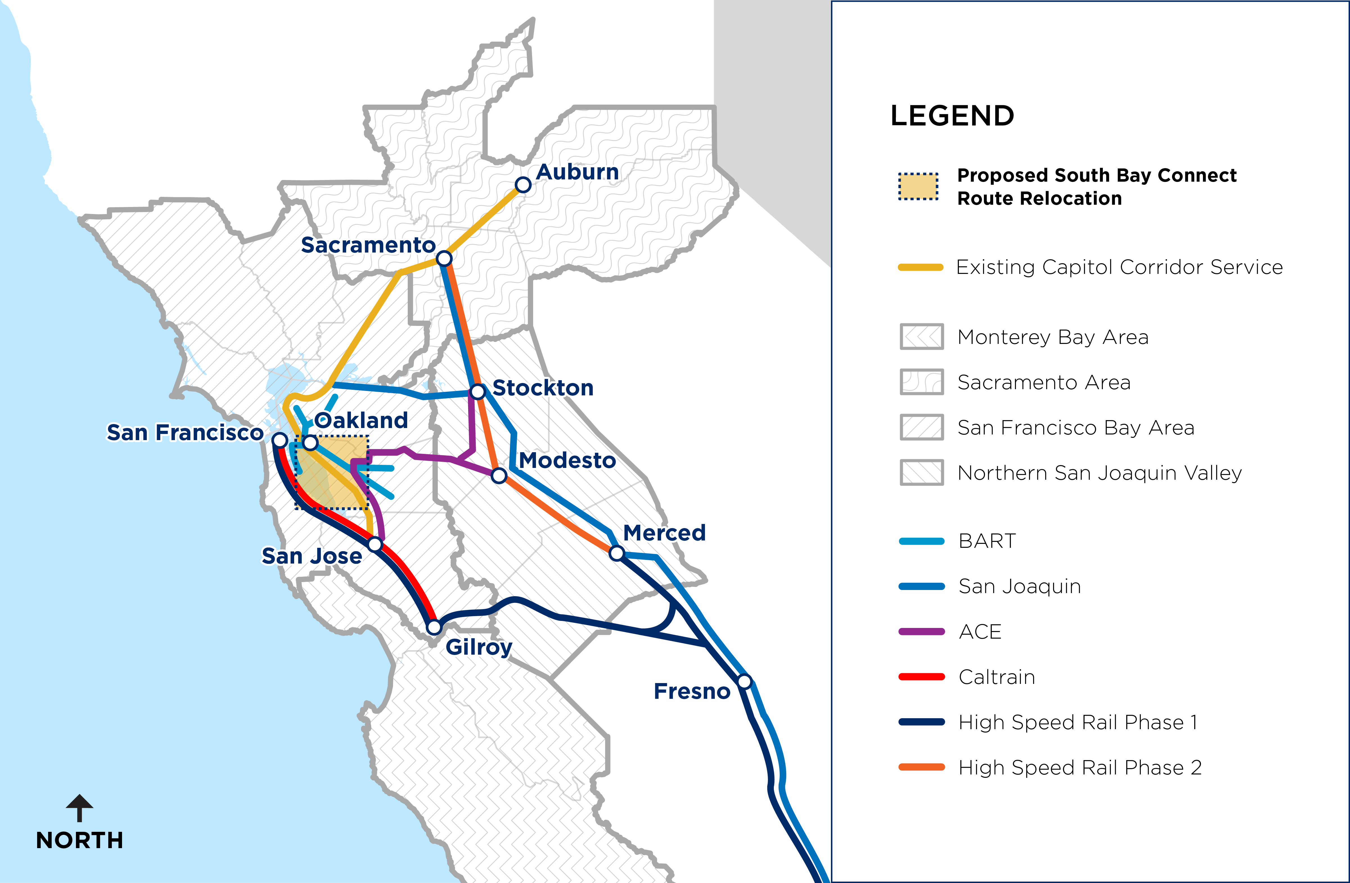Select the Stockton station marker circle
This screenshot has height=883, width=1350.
click(478, 391)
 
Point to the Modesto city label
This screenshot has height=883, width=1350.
click(567, 460)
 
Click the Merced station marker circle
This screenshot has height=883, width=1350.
click(617, 553)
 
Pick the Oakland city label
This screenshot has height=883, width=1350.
click(361, 420)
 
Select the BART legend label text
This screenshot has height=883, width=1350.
click(987, 541)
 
